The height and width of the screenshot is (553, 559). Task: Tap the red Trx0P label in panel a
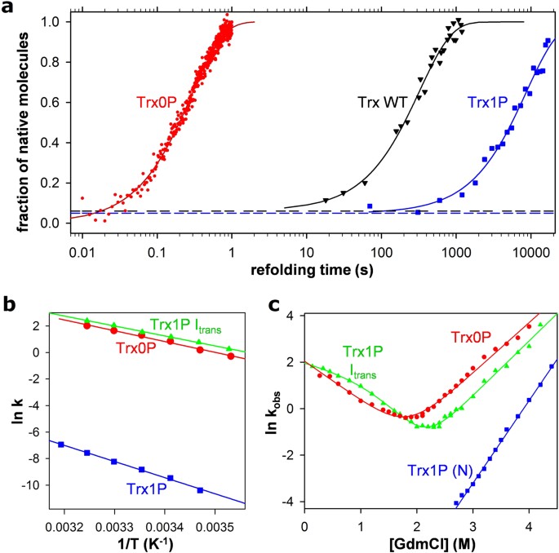[158, 103]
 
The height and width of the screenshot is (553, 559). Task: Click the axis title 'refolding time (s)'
[308, 263]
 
